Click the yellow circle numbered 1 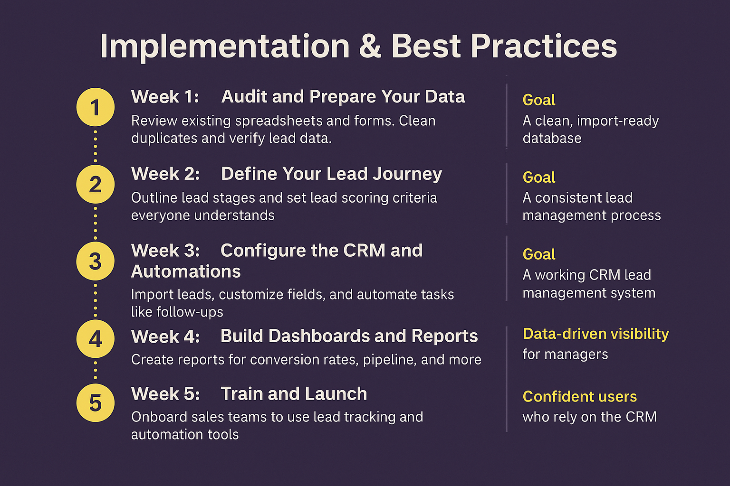coord(95,107)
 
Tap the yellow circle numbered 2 coord(95,184)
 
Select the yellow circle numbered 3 coord(95,262)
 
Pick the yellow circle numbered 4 coord(95,339)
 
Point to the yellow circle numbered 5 coord(95,403)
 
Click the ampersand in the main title coord(370,47)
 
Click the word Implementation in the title coord(225,47)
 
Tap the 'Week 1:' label coord(165,97)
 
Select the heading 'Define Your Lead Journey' coord(331,174)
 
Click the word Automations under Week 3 coord(186,271)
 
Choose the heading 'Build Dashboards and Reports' coord(349,336)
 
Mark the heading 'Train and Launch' coord(294,394)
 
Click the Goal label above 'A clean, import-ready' coord(538,100)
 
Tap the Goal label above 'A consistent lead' coord(538,178)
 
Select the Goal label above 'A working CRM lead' coord(538,254)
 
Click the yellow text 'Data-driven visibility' coord(596,334)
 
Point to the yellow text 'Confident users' coord(579,397)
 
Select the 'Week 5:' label coord(165,394)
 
